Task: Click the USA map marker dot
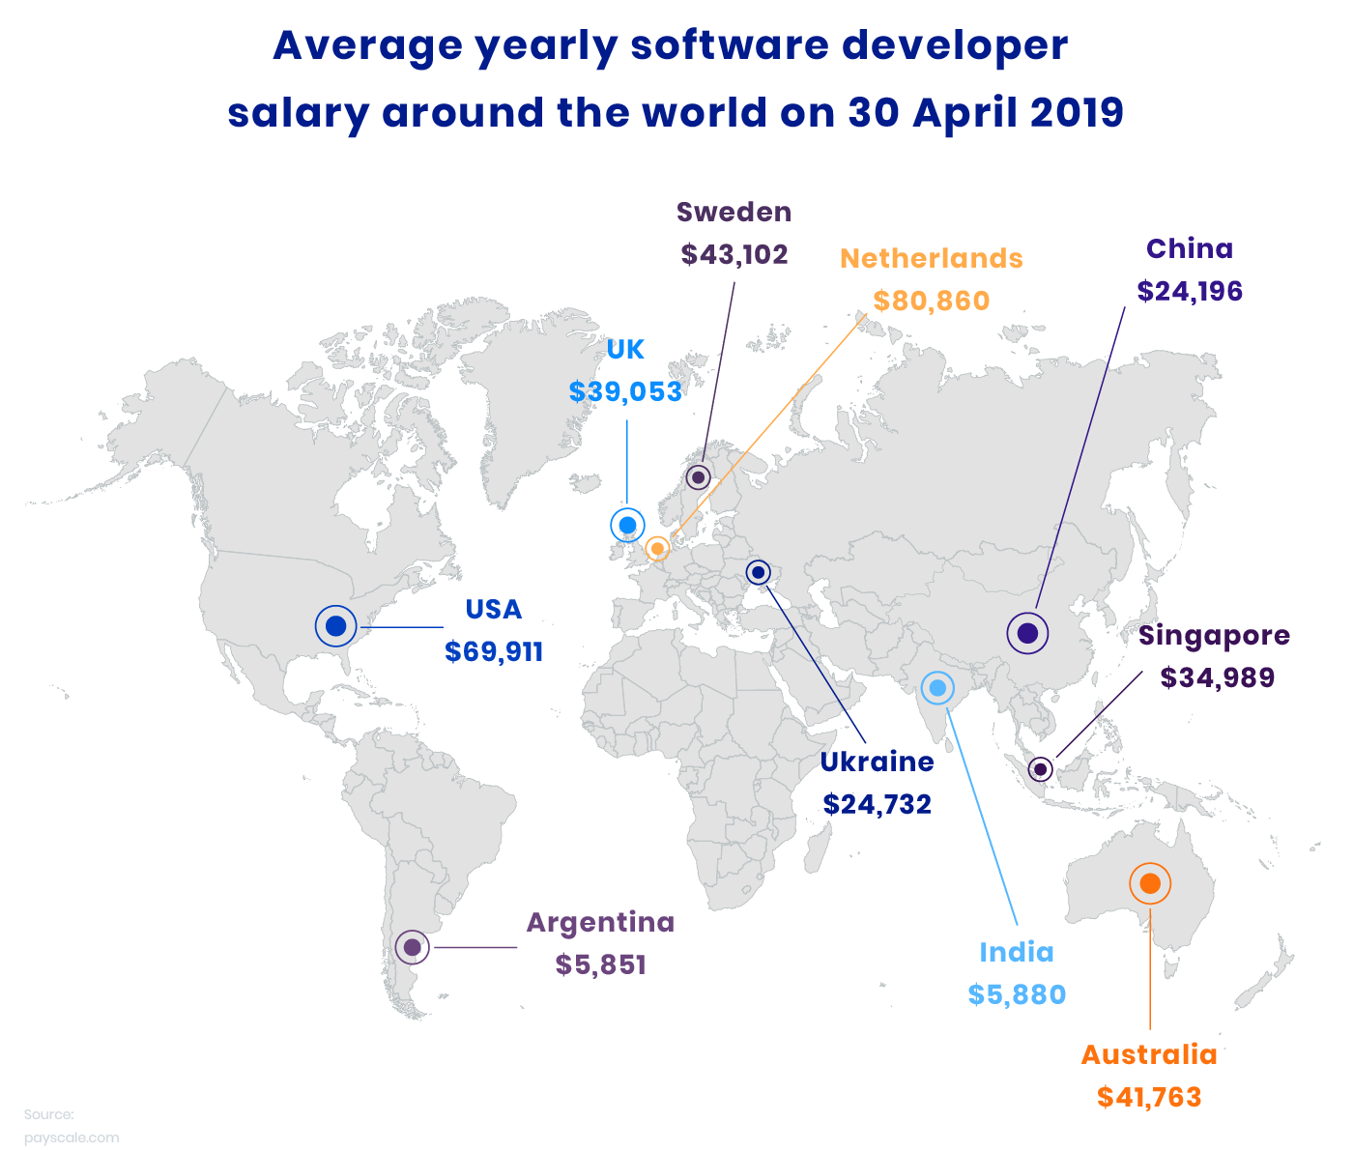[x=336, y=626]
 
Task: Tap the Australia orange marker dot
[x=1150, y=883]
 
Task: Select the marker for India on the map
[x=936, y=688]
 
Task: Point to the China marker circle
[x=1027, y=634]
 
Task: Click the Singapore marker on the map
[x=1040, y=769]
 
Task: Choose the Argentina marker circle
[x=412, y=947]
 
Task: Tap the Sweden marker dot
[x=698, y=477]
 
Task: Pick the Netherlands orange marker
[x=657, y=549]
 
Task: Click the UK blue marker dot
[x=627, y=525]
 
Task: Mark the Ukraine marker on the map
[x=759, y=573]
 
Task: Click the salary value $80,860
[x=932, y=302]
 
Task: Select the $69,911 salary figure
[x=494, y=652]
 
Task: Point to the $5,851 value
[x=600, y=964]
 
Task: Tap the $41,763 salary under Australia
[x=1149, y=1098]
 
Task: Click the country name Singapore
[x=1214, y=636]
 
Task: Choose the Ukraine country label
[x=877, y=762]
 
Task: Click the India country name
[x=1017, y=953]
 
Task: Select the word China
[x=1190, y=249]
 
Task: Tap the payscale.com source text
[x=72, y=1137]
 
